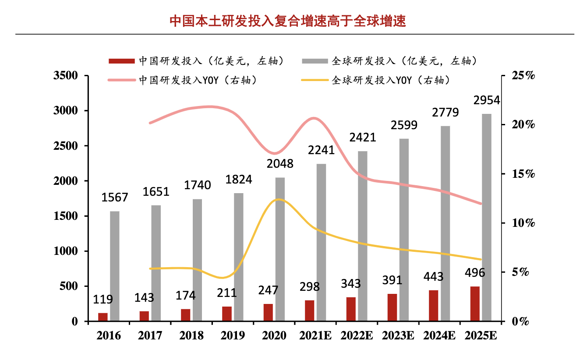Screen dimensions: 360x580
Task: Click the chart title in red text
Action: pos(288,21)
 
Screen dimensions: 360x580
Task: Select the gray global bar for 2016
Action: pos(115,266)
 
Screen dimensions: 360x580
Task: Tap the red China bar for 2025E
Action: pos(475,304)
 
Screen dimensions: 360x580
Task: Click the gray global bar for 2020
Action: pos(280,249)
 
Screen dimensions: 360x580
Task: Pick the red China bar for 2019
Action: pos(227,314)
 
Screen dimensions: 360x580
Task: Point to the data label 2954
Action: pos(486,100)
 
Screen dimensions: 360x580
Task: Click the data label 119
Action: pos(103,300)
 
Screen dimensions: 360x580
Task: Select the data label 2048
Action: pos(280,164)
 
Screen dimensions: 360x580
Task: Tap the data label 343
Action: pos(350,283)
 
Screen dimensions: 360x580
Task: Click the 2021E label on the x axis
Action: pos(316,336)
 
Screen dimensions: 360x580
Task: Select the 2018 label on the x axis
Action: pos(191,336)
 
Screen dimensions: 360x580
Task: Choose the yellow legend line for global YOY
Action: pos(315,80)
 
